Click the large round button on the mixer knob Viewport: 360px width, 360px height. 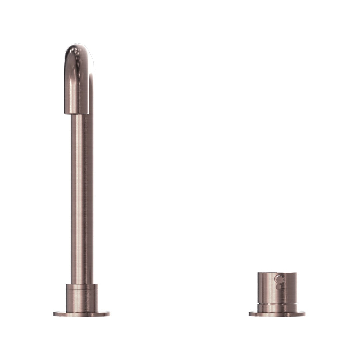(278, 279)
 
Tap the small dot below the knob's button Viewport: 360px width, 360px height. (278, 287)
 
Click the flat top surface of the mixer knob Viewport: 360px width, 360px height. (277, 273)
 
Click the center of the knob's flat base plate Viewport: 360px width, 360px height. (277, 314)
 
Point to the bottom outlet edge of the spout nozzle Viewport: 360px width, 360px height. (76, 113)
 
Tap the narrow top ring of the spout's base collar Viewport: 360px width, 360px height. (82, 286)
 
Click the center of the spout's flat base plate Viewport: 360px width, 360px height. (82, 314)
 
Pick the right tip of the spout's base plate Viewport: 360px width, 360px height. (109, 314)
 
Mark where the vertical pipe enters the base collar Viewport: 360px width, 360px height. (82, 283)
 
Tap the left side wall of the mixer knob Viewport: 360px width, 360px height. (260, 287)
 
